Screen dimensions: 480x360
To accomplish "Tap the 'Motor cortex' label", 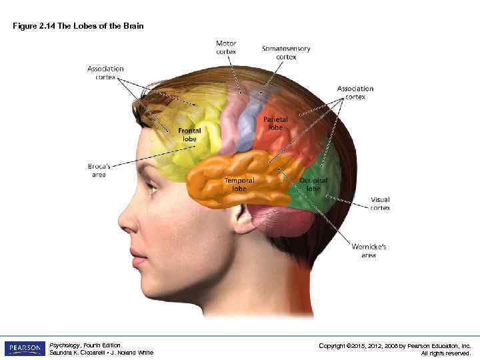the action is pos(226,48).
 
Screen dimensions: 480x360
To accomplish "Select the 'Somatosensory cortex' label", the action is pos(286,53).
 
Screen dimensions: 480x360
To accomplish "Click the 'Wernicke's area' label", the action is pos(369,251).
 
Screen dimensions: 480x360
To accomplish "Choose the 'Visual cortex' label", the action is pos(380,203).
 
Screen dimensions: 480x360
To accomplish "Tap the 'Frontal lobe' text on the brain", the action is pos(190,135).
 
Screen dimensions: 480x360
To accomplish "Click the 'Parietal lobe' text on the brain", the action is pos(275,123).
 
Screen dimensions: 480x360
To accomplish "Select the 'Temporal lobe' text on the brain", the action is pos(239,185).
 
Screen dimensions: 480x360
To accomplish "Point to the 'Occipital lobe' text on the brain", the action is pos(313,185).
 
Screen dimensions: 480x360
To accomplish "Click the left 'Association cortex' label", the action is pos(105,73).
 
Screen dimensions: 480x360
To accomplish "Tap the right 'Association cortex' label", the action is pos(355,93).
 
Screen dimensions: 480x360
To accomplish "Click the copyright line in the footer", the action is pos(395,345).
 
